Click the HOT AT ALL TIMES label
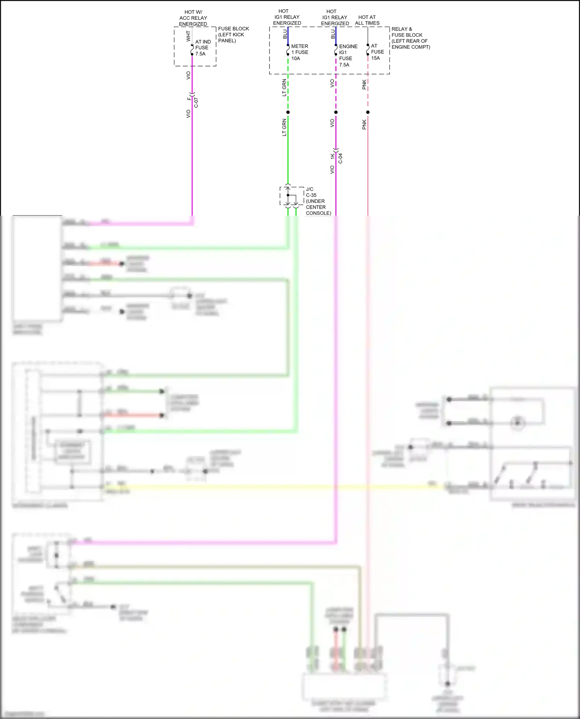click(367, 20)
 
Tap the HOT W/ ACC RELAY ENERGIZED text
click(193, 18)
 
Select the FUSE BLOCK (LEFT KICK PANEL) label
click(233, 34)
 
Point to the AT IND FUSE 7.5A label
click(203, 48)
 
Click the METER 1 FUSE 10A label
click(299, 52)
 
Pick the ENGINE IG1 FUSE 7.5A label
click(348, 55)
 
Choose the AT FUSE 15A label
click(377, 52)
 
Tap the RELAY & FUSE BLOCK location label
click(410, 38)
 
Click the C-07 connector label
click(196, 103)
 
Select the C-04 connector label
click(340, 158)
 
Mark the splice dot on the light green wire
click(288, 112)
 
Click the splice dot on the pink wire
click(368, 112)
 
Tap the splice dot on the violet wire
click(336, 112)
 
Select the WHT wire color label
click(188, 36)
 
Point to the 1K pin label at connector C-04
click(332, 156)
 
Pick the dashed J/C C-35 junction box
click(292, 196)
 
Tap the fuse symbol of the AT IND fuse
click(192, 50)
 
